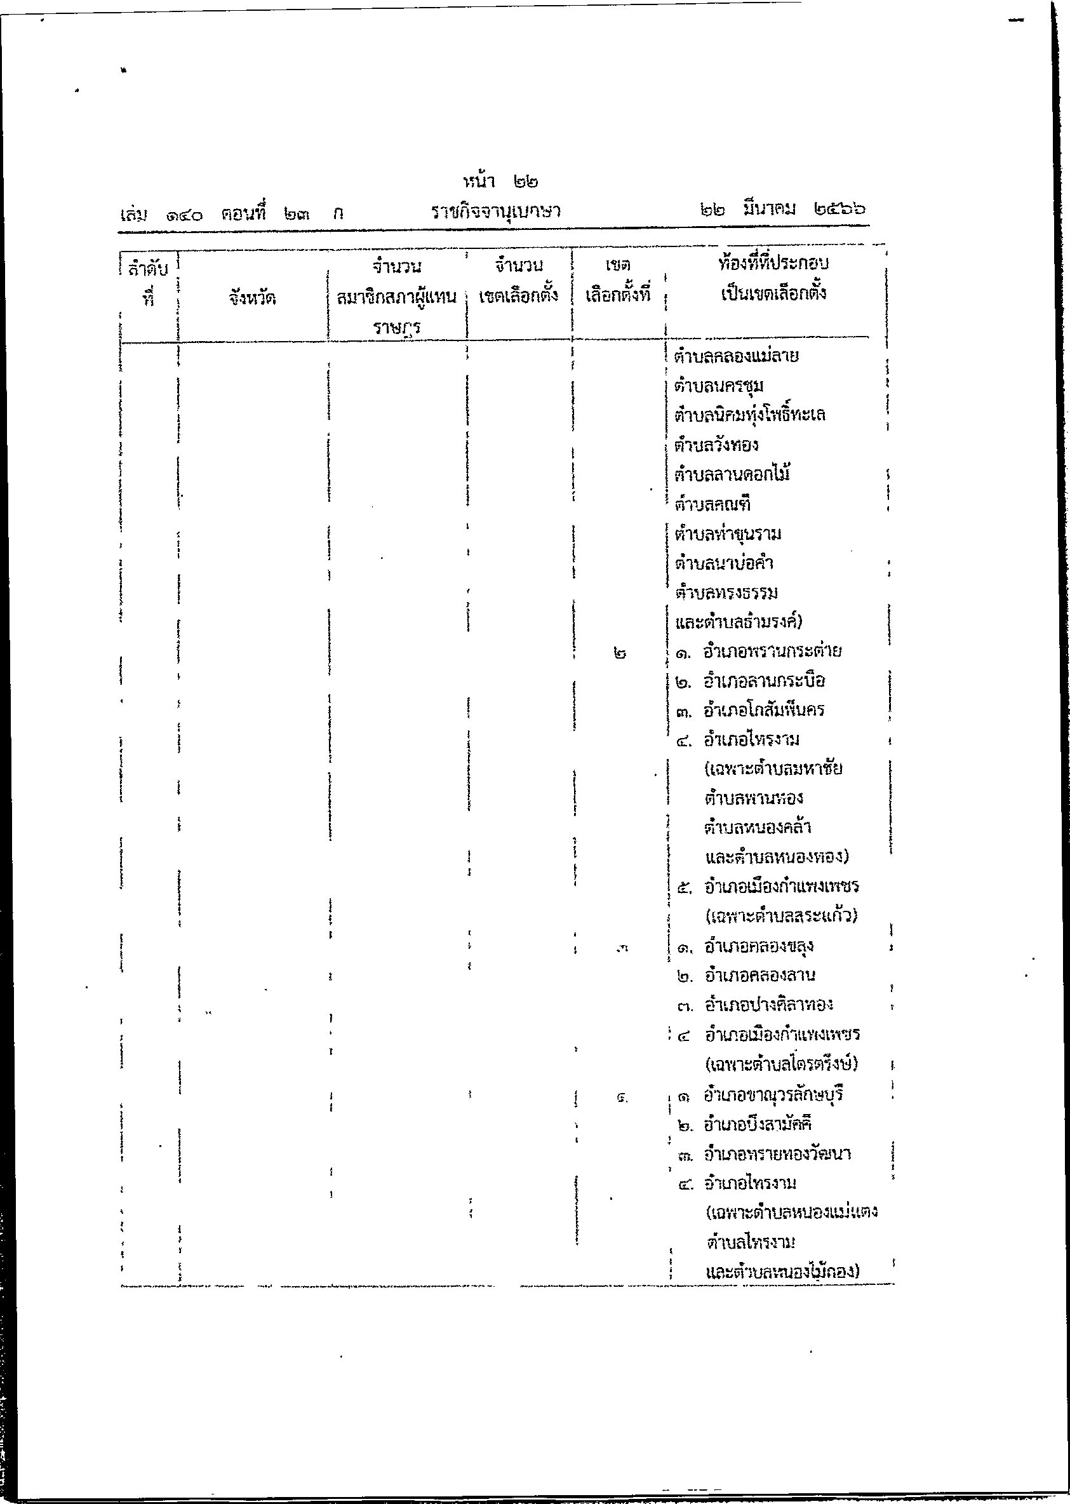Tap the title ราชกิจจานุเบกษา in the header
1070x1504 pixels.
[x=495, y=212]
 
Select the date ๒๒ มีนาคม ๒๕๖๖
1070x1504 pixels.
[x=782, y=210]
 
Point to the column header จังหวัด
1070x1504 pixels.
[x=252, y=298]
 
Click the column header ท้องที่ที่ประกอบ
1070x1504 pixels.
[x=773, y=264]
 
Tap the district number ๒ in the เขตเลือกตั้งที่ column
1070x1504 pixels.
[x=619, y=654]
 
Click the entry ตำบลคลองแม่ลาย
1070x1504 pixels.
[x=736, y=356]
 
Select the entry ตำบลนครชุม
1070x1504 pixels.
[x=719, y=386]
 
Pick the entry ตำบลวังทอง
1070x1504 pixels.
[x=716, y=445]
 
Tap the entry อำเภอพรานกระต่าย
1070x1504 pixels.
[x=772, y=651]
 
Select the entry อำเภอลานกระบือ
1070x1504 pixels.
[x=764, y=681]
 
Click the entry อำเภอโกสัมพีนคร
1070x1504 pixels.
[x=764, y=710]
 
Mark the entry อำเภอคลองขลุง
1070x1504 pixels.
[x=758, y=946]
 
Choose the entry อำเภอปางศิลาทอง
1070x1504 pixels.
[x=768, y=1005]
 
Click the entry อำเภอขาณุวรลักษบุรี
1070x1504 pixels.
[x=773, y=1095]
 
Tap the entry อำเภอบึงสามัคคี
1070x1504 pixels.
[x=757, y=1124]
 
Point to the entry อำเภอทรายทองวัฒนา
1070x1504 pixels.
[x=777, y=1154]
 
